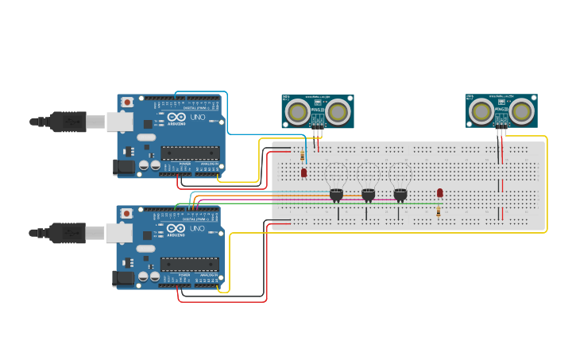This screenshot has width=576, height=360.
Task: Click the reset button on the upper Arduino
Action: point(127,102)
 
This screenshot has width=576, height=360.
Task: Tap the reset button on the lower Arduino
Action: point(127,213)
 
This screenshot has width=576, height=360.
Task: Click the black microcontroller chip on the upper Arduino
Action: point(190,153)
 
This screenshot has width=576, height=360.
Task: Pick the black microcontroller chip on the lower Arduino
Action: point(190,264)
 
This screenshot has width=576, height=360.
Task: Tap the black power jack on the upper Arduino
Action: point(124,167)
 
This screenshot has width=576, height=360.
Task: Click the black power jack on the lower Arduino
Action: point(124,278)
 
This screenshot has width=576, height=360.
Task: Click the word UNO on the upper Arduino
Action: point(197,118)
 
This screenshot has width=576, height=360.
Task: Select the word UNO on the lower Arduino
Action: point(197,229)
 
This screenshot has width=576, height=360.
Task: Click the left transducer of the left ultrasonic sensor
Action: point(298,112)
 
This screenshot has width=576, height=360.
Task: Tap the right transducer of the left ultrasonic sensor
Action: point(338,112)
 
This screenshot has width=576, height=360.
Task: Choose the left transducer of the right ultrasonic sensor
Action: point(481,111)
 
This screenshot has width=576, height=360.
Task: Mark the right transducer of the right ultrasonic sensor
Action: point(521,111)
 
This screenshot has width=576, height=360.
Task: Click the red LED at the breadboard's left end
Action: point(303,172)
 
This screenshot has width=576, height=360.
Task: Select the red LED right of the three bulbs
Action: point(440,193)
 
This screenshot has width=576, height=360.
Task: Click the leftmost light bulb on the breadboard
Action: point(336,193)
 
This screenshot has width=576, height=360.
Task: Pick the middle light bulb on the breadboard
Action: point(368,193)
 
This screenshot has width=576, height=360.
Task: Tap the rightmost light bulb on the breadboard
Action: point(400,193)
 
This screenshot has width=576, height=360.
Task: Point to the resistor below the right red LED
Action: point(439,211)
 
